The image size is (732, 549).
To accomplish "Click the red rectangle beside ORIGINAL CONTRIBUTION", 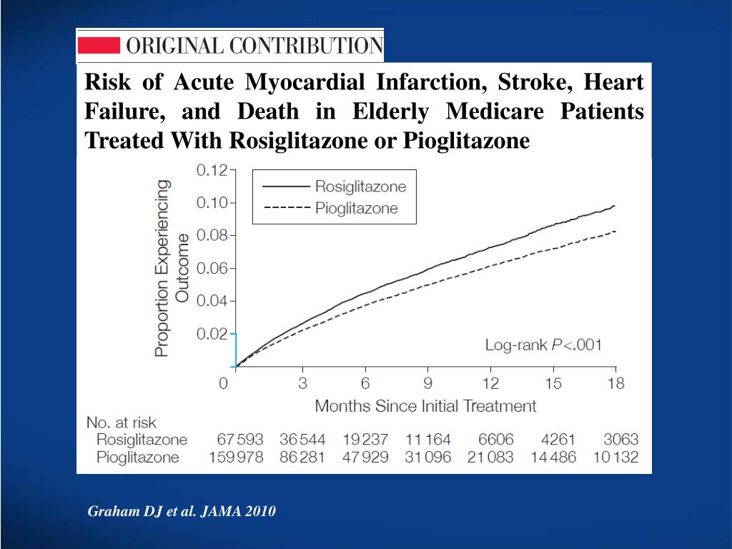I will click(x=98, y=46).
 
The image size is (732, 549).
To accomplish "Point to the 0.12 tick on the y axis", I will click(x=211, y=170).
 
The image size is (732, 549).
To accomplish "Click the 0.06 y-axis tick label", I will click(x=211, y=268).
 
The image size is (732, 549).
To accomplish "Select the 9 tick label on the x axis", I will click(x=428, y=383).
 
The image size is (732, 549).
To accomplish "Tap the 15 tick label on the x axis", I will click(x=553, y=383).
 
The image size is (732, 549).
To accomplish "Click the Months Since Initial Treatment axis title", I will click(x=425, y=406).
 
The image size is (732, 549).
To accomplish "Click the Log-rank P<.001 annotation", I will click(x=543, y=345).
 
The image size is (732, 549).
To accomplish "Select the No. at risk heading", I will click(x=121, y=422).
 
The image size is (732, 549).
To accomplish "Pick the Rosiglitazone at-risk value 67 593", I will click(x=240, y=440).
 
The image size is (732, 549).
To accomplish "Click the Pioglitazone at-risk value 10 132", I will click(x=615, y=457).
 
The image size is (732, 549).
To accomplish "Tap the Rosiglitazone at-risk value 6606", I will click(x=490, y=440).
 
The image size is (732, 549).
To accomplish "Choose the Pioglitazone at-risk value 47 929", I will click(x=365, y=457).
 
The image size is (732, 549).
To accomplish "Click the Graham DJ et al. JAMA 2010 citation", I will click(x=182, y=512).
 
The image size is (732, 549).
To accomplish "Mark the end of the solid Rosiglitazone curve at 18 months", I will click(x=614, y=206).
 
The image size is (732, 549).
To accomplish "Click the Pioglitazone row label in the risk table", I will click(x=137, y=457).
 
